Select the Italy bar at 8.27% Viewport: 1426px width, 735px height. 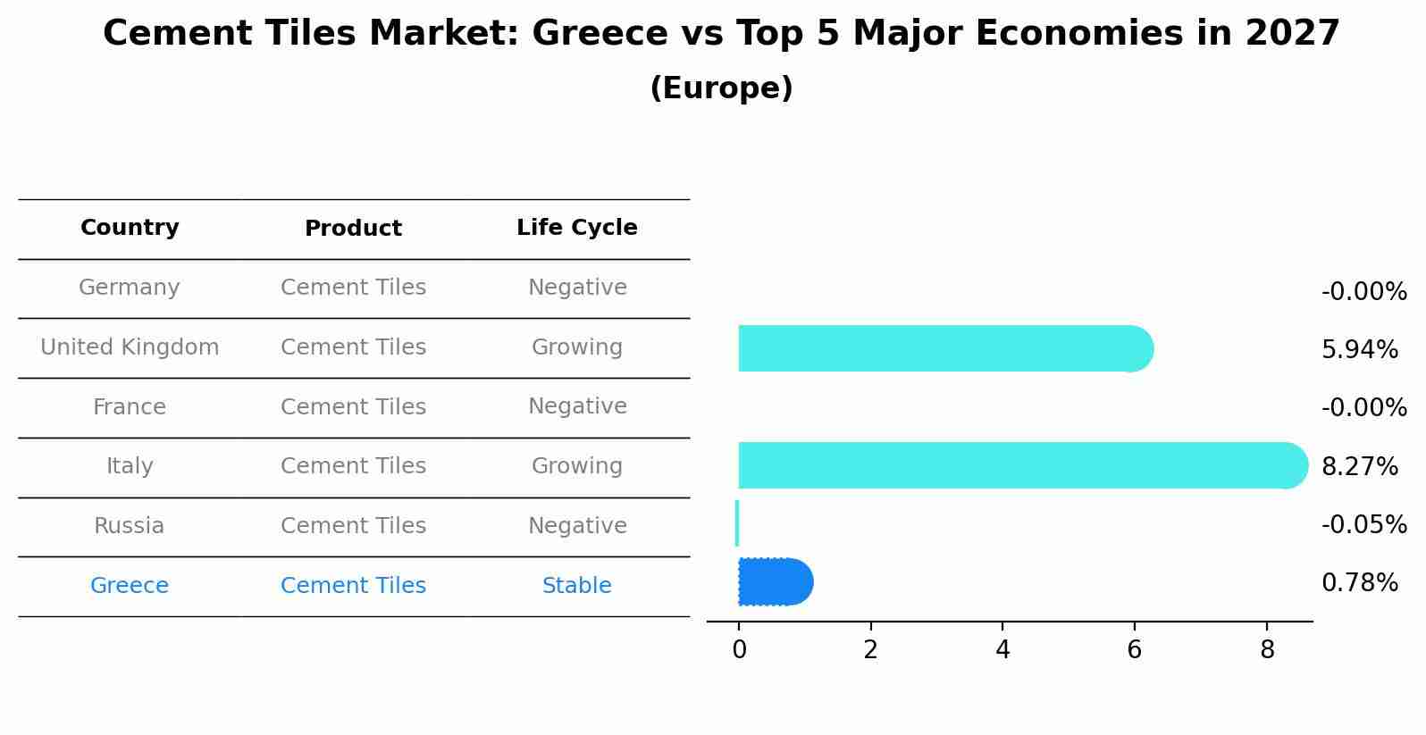coord(1019,465)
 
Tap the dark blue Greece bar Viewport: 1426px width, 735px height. coord(774,582)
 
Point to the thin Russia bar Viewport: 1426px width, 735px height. coord(737,523)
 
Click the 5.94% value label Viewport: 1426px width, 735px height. coord(1359,350)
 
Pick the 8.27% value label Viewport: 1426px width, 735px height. coord(1359,467)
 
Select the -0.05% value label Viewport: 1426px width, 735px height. coord(1363,525)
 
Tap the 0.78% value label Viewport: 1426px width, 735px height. coord(1359,583)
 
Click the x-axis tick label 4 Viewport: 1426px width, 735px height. coord(1002,650)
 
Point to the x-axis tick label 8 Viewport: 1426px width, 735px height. coord(1266,650)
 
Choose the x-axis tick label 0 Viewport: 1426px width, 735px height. coord(739,650)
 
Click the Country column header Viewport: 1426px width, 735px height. coord(130,228)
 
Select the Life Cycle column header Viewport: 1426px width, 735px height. coord(576,228)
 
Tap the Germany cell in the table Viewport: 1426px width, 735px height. coord(130,288)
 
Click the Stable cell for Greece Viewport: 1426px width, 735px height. coord(576,586)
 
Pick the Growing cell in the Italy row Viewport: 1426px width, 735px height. coord(576,466)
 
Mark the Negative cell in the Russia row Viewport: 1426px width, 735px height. coord(576,526)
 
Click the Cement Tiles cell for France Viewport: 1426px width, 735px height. coord(353,407)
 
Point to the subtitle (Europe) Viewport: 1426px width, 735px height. coord(721,88)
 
